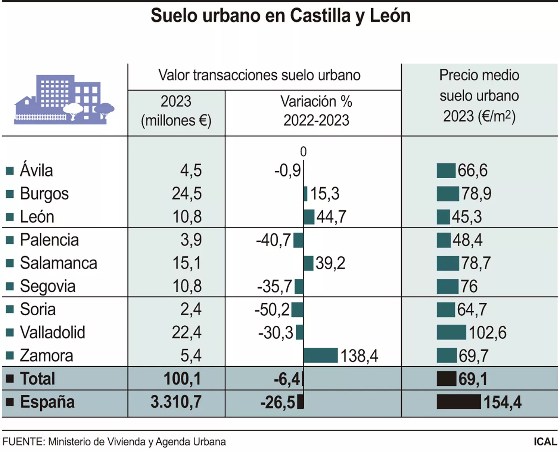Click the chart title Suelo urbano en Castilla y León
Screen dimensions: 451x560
coord(280,16)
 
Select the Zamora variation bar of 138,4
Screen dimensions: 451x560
coord(320,355)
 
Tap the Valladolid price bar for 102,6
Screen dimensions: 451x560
coord(451,332)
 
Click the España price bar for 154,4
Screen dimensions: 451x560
coord(458,402)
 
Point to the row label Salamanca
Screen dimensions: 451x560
coord(59,263)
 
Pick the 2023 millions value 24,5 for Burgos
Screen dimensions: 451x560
coord(187,194)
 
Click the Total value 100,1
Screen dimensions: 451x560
coord(182,379)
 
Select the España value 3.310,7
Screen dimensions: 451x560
coord(176,402)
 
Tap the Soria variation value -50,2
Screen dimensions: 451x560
coord(272,310)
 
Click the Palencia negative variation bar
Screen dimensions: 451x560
coord(298,240)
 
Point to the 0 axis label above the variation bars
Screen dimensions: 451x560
coord(303,152)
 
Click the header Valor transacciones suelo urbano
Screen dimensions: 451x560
coord(259,75)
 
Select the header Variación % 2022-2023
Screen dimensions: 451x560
coord(316,111)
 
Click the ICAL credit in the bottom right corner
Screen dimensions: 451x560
coord(545,442)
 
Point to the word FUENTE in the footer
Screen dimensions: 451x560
coord(23,442)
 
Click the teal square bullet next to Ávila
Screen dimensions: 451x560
coord(10,171)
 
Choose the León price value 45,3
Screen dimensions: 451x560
coord(467,217)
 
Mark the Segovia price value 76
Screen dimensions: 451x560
coord(469,286)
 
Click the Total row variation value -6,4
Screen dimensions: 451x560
coord(287,379)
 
